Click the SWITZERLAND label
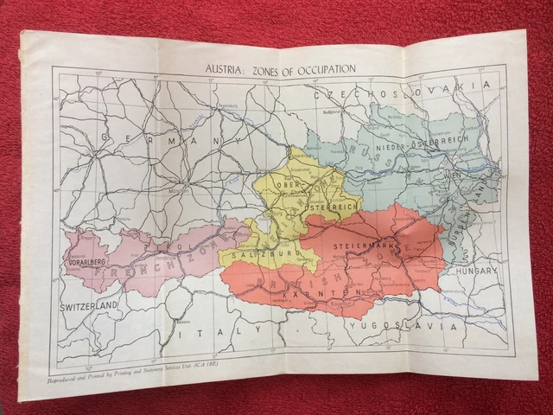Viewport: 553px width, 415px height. pyautogui.click(x=87, y=307)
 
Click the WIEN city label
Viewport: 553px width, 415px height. pyautogui.click(x=451, y=175)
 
